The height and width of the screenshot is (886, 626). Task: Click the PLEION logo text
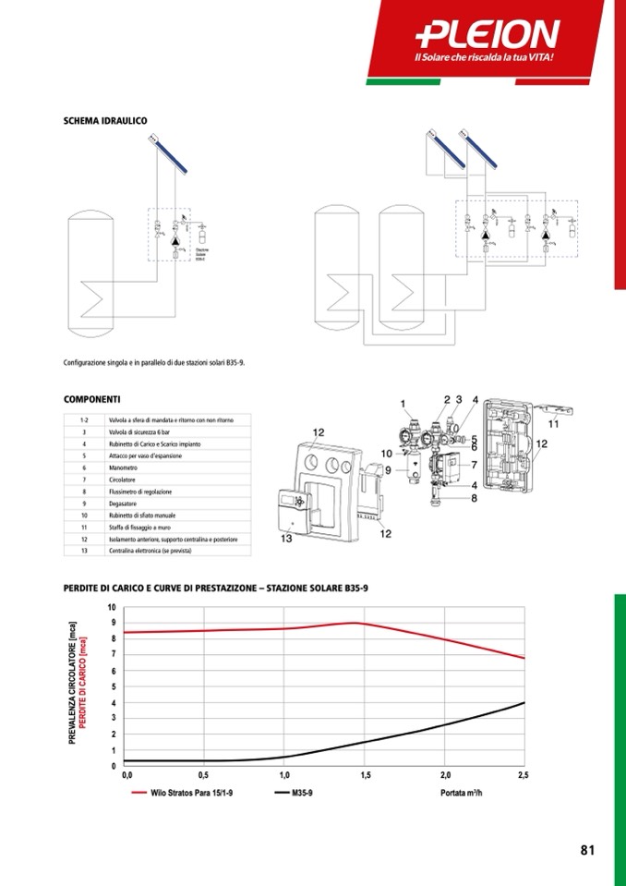[x=488, y=35]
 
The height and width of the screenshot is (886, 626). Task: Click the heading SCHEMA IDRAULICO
[x=105, y=121]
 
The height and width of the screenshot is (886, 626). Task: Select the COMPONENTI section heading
[x=91, y=399]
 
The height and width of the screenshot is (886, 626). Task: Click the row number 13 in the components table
[x=84, y=551]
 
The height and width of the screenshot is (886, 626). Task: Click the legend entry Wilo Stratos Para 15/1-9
[x=191, y=793]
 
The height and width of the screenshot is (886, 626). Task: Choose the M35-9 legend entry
[x=302, y=793]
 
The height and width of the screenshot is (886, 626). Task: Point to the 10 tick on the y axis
[x=112, y=608]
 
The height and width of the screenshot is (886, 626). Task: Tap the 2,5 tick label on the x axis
[x=523, y=775]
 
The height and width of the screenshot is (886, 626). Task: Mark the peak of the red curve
[x=357, y=623]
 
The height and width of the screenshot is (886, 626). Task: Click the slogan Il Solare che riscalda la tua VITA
[x=489, y=59]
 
